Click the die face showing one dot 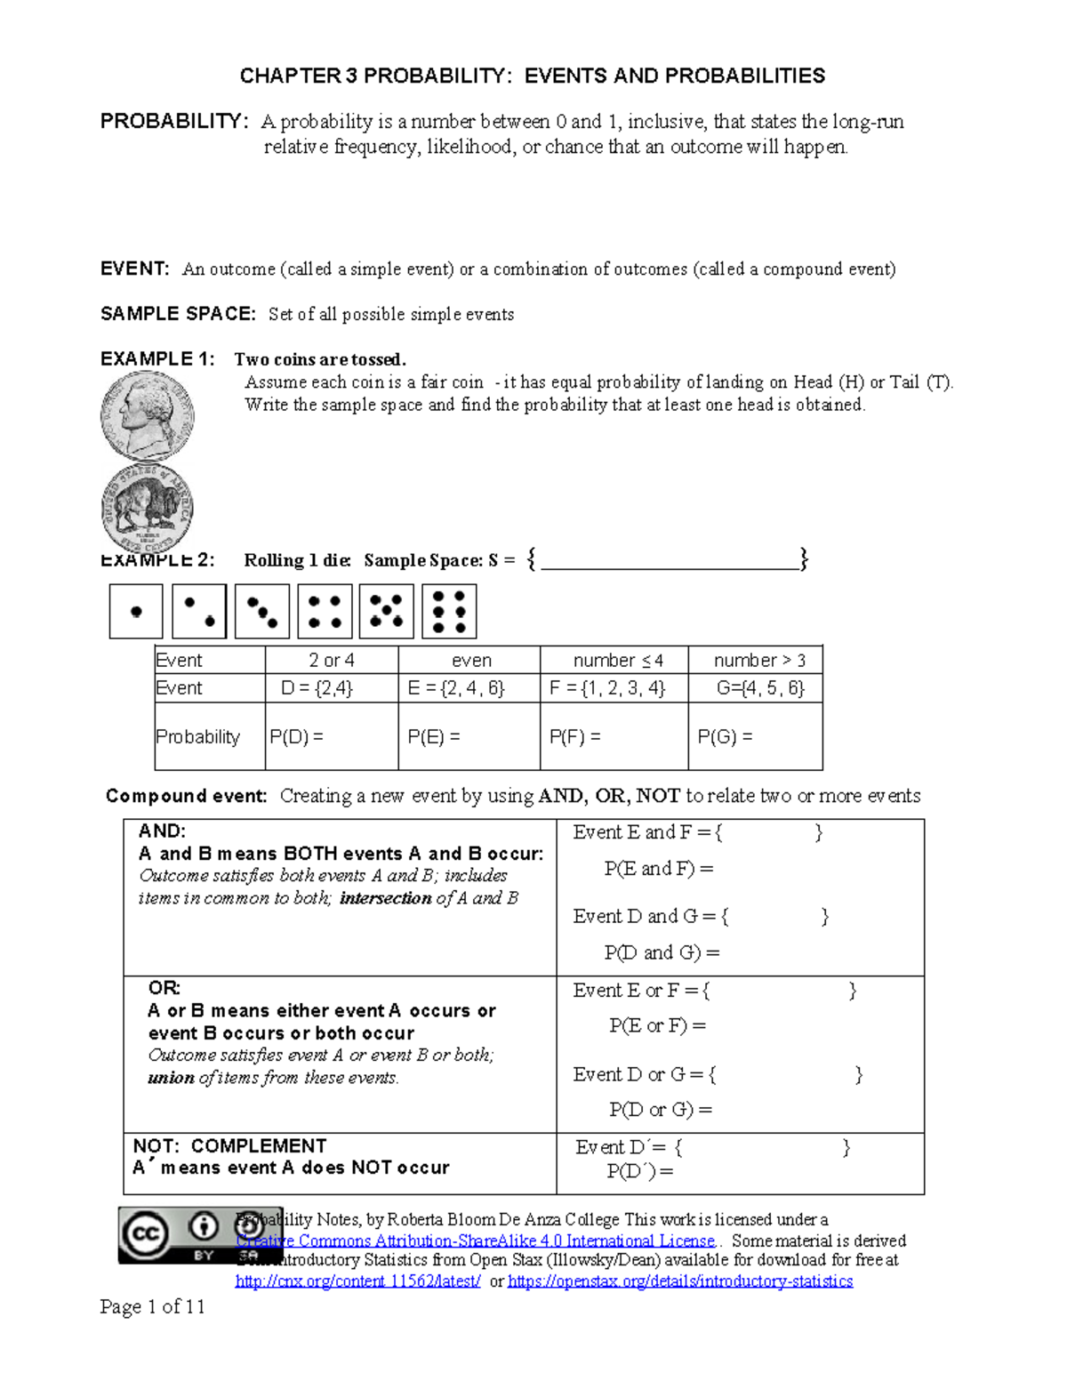click(x=136, y=612)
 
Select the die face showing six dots click(x=449, y=612)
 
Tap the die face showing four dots click(x=325, y=612)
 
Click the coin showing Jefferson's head click(x=147, y=415)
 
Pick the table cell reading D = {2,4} click(x=317, y=688)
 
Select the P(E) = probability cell click(x=434, y=737)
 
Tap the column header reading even click(x=471, y=661)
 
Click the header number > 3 click(x=759, y=661)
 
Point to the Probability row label click(x=198, y=737)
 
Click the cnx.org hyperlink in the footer click(x=358, y=1281)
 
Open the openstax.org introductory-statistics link click(x=680, y=1281)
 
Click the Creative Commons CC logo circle click(x=146, y=1233)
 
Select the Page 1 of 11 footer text click(x=152, y=1306)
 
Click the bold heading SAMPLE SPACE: click(x=178, y=314)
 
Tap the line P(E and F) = click(x=659, y=869)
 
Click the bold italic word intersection click(x=385, y=898)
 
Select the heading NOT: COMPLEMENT click(x=229, y=1146)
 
